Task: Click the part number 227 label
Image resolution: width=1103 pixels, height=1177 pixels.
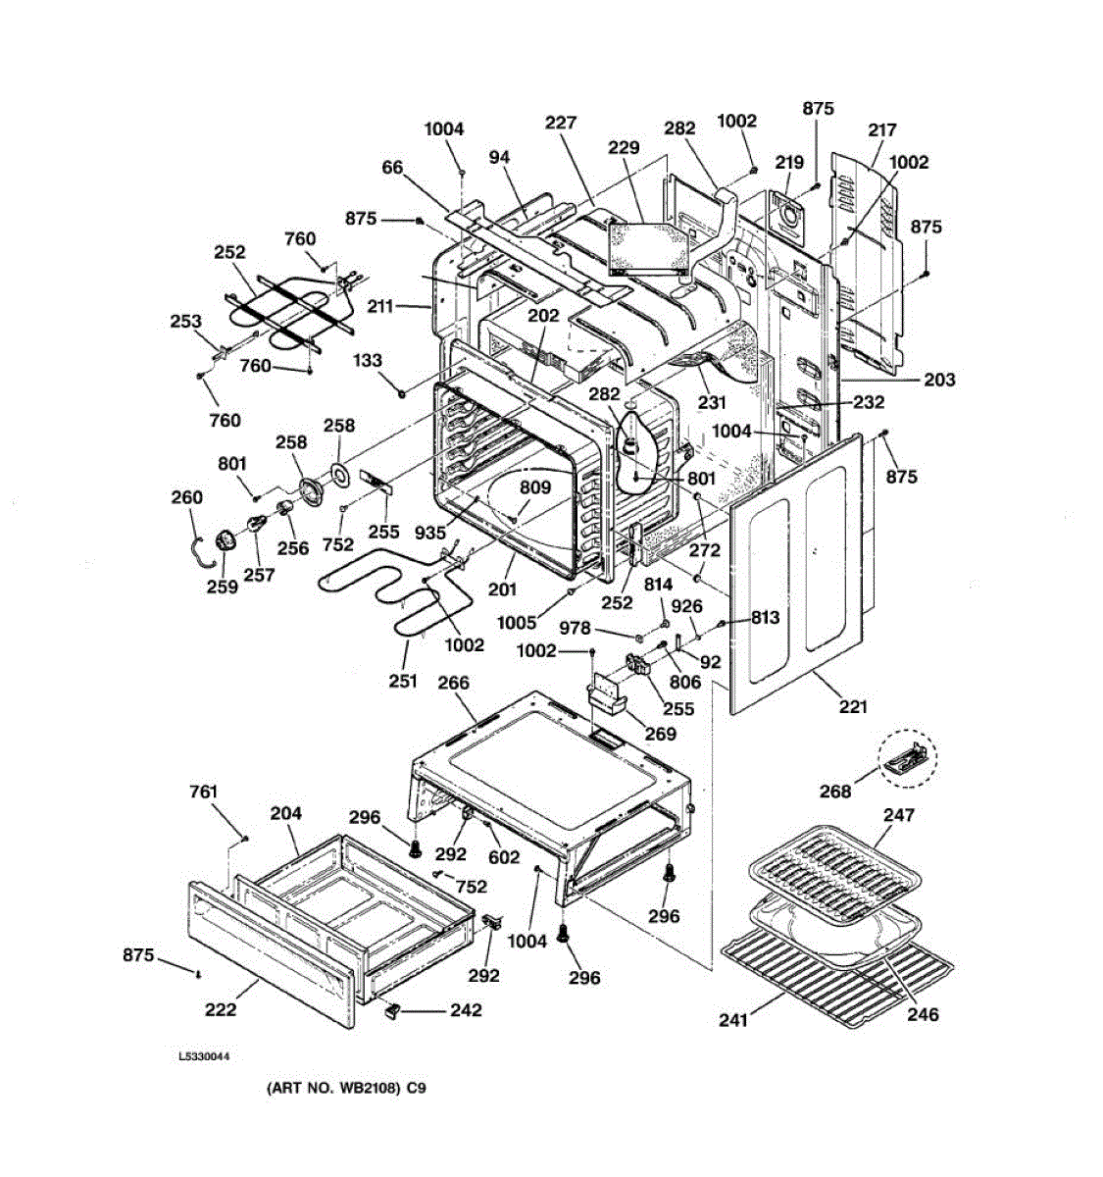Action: (x=560, y=122)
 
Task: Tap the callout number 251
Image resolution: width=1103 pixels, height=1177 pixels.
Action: (x=403, y=681)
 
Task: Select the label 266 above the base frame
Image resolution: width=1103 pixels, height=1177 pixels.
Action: (x=453, y=683)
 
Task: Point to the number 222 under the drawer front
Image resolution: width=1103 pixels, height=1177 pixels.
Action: (x=221, y=1008)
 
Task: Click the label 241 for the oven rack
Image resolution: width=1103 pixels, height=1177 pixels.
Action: (x=733, y=1019)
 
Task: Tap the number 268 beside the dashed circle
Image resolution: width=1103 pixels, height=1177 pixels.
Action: (x=834, y=792)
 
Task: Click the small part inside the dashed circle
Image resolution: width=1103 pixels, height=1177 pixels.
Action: (x=906, y=760)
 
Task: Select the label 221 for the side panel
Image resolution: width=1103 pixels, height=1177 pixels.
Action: (x=853, y=706)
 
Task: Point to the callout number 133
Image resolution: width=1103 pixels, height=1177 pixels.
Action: (x=368, y=360)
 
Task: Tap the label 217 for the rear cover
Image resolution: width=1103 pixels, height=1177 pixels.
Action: (x=882, y=129)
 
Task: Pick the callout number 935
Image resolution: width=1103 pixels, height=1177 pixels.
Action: (x=429, y=533)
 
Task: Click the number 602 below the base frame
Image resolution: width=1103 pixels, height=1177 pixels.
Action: (x=504, y=856)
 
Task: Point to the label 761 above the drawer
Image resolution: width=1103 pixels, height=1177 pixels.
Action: (x=203, y=792)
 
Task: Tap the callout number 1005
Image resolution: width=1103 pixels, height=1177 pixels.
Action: (x=517, y=622)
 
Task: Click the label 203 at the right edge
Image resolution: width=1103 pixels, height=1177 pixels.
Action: (x=939, y=379)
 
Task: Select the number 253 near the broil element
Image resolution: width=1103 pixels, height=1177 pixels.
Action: (x=185, y=321)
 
